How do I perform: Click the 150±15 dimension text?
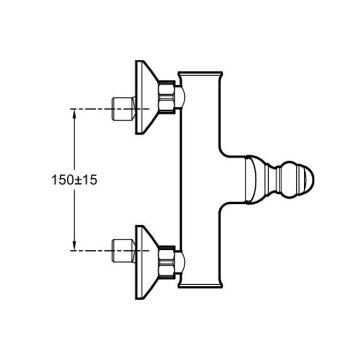click(74, 179)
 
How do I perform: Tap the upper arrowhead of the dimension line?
click(74, 114)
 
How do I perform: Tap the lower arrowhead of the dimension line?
click(74, 246)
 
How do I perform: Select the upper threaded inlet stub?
click(124, 109)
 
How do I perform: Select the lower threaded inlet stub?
click(124, 250)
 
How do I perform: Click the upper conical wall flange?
click(146, 97)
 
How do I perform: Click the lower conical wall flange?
click(146, 262)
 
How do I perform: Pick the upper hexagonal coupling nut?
click(167, 97)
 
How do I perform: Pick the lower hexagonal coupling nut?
click(167, 262)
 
